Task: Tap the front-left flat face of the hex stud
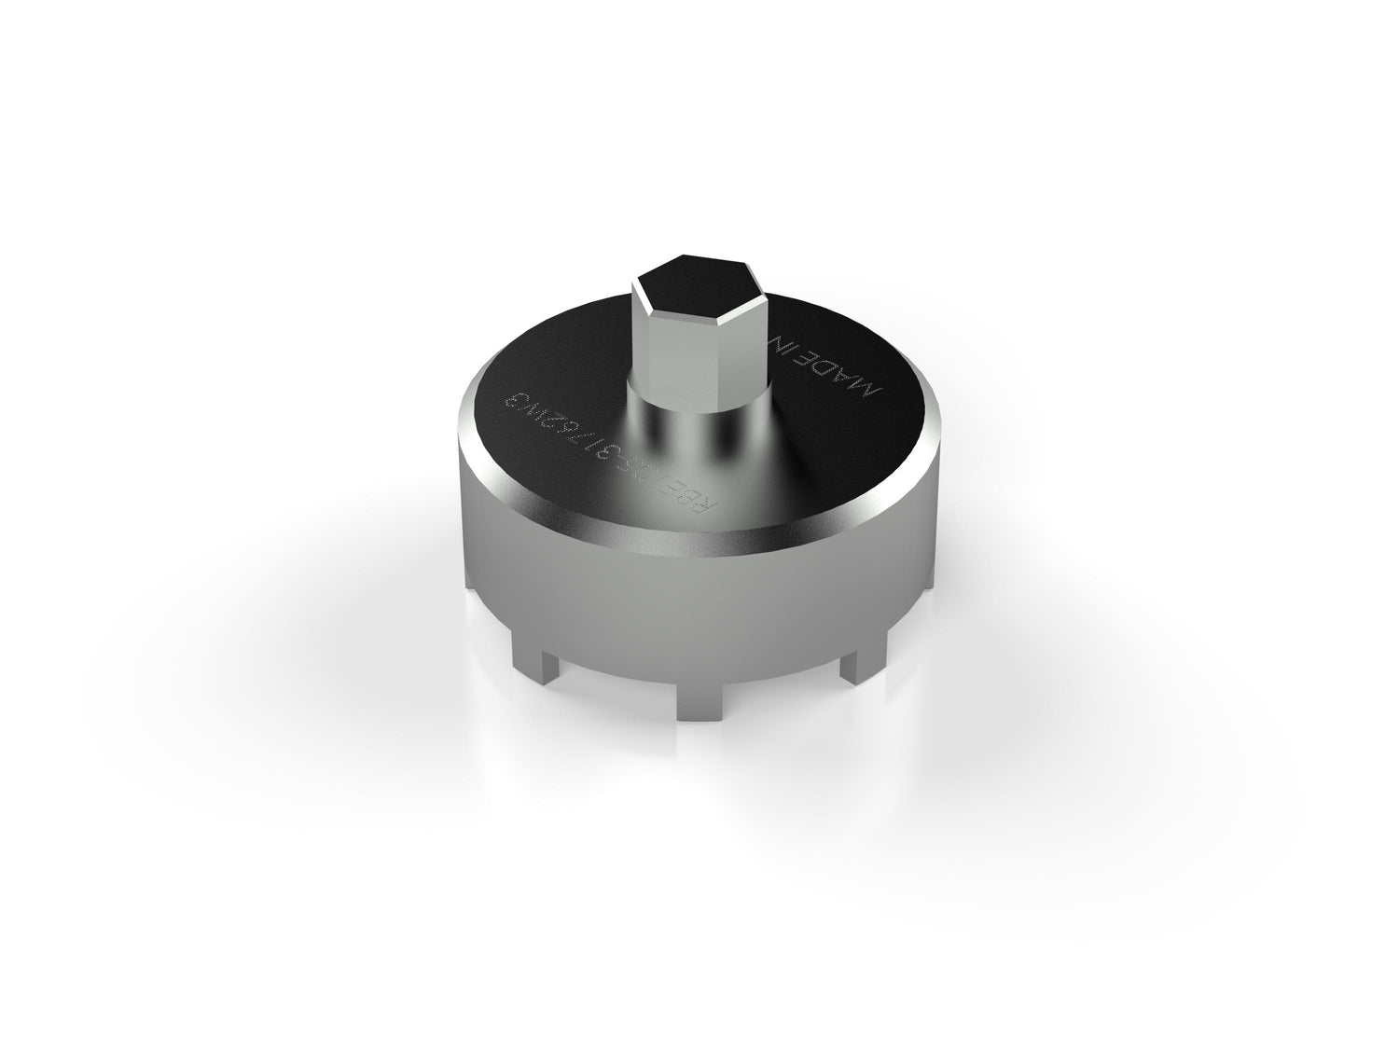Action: click(x=658, y=336)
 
